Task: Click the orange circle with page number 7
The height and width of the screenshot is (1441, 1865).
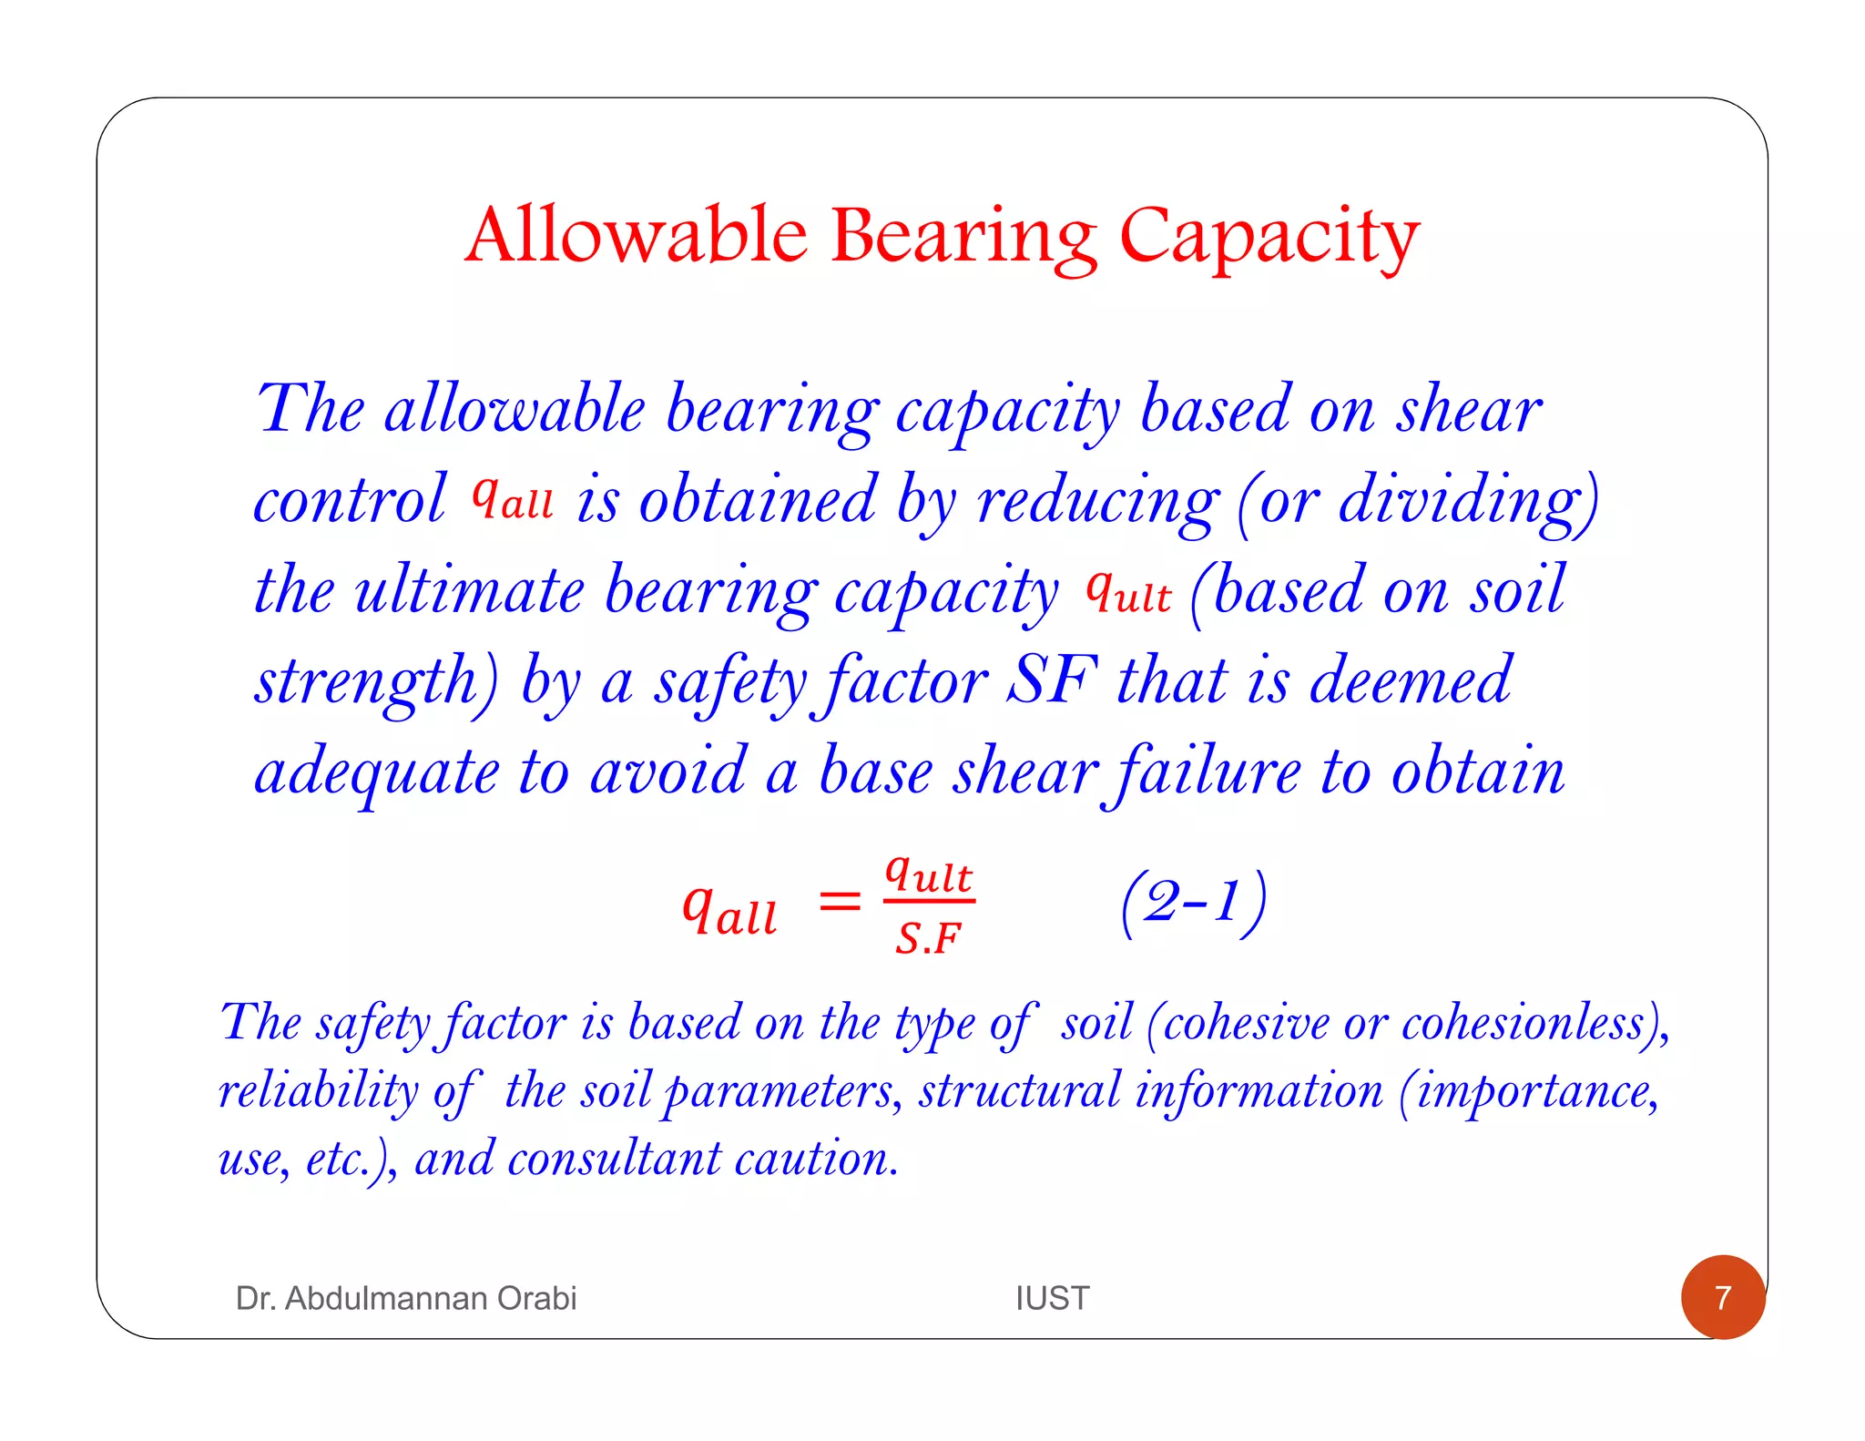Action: (x=1722, y=1297)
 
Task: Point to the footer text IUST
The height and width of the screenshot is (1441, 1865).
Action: (x=1052, y=1298)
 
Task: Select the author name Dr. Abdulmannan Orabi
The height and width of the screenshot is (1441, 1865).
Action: (x=406, y=1298)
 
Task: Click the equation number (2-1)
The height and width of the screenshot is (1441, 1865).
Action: (x=1193, y=903)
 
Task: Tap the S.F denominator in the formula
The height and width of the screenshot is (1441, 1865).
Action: (x=928, y=938)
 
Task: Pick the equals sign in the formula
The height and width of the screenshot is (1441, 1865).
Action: (x=839, y=903)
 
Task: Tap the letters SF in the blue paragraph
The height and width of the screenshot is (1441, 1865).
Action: (x=1052, y=680)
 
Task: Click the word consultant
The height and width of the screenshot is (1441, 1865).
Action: (x=614, y=1159)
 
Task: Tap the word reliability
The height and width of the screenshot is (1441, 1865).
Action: (x=318, y=1091)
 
